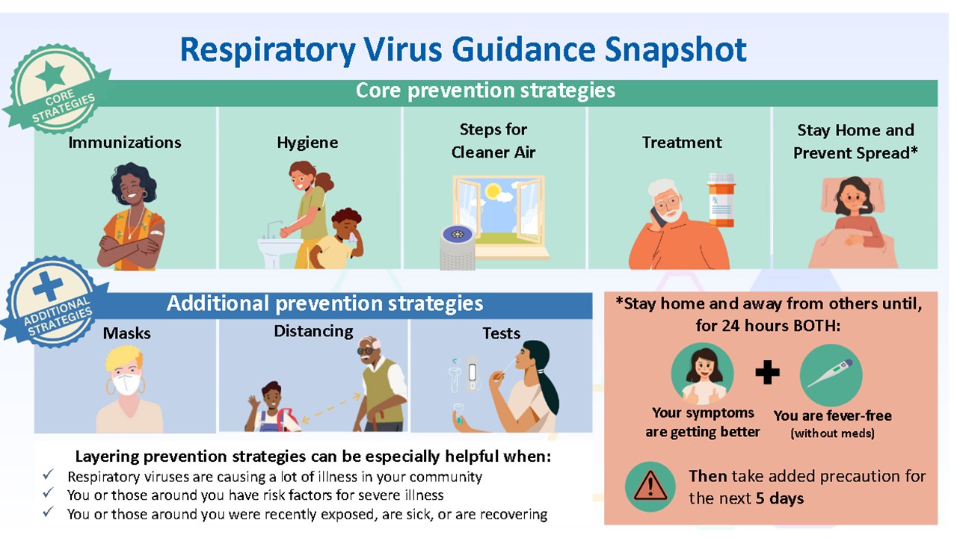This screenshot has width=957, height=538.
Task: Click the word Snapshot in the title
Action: pyautogui.click(x=675, y=50)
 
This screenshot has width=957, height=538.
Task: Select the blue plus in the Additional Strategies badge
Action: pyautogui.click(x=47, y=286)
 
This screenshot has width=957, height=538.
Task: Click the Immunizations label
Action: pyautogui.click(x=125, y=142)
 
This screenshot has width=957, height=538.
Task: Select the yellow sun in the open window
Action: pyautogui.click(x=493, y=191)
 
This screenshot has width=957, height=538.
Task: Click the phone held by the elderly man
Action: pyautogui.click(x=657, y=217)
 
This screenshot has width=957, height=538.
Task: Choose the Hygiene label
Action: pyautogui.click(x=307, y=143)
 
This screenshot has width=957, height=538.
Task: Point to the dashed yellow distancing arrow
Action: pyautogui.click(x=331, y=408)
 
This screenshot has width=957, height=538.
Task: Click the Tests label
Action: pyautogui.click(x=502, y=333)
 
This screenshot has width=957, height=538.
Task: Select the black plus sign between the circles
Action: pyautogui.click(x=767, y=372)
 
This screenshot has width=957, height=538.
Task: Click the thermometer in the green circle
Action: pyautogui.click(x=831, y=373)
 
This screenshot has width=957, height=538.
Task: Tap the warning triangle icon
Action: pyautogui.click(x=650, y=486)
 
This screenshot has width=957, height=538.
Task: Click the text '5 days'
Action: pyautogui.click(x=780, y=498)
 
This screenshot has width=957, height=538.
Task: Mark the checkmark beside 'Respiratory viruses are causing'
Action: pyautogui.click(x=49, y=474)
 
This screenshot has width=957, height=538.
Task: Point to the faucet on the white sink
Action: pyautogui.click(x=274, y=229)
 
